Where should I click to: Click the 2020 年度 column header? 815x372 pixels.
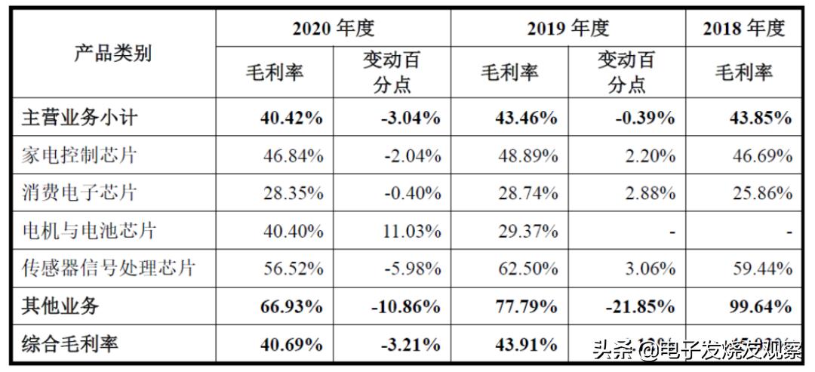pos(334,29)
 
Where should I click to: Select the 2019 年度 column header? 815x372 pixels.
pos(567,29)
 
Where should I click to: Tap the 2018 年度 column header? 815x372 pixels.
pos(743,29)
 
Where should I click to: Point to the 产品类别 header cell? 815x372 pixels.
pos(112,53)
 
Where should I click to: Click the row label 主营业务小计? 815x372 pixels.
pos(80,118)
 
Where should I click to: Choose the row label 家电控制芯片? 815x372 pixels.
pos(80,155)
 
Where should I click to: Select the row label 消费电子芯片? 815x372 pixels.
pos(80,192)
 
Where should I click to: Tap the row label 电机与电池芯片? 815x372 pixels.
pos(89,230)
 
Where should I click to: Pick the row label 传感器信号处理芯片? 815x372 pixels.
pos(109,268)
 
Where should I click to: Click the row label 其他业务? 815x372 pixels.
pos(60,306)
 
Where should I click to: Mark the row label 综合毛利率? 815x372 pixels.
pos(70,344)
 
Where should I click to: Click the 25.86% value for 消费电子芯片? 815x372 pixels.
pos(761,193)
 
